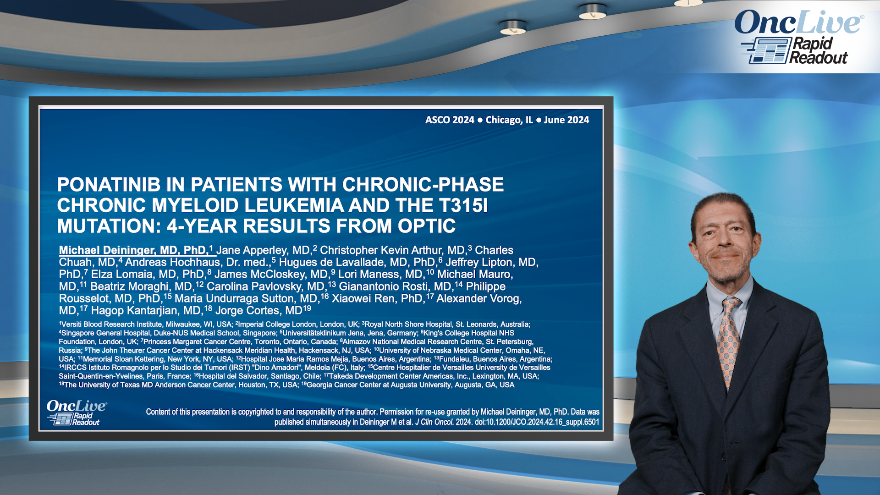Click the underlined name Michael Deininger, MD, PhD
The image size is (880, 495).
pos(133,250)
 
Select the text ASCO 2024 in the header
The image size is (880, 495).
pos(450,120)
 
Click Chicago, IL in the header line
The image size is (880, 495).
pos(509,120)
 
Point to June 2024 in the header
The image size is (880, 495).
pos(566,120)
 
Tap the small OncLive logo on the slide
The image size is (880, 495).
pos(77,412)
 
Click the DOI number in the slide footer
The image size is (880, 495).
pos(537,422)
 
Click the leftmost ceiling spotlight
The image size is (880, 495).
pos(513,27)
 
